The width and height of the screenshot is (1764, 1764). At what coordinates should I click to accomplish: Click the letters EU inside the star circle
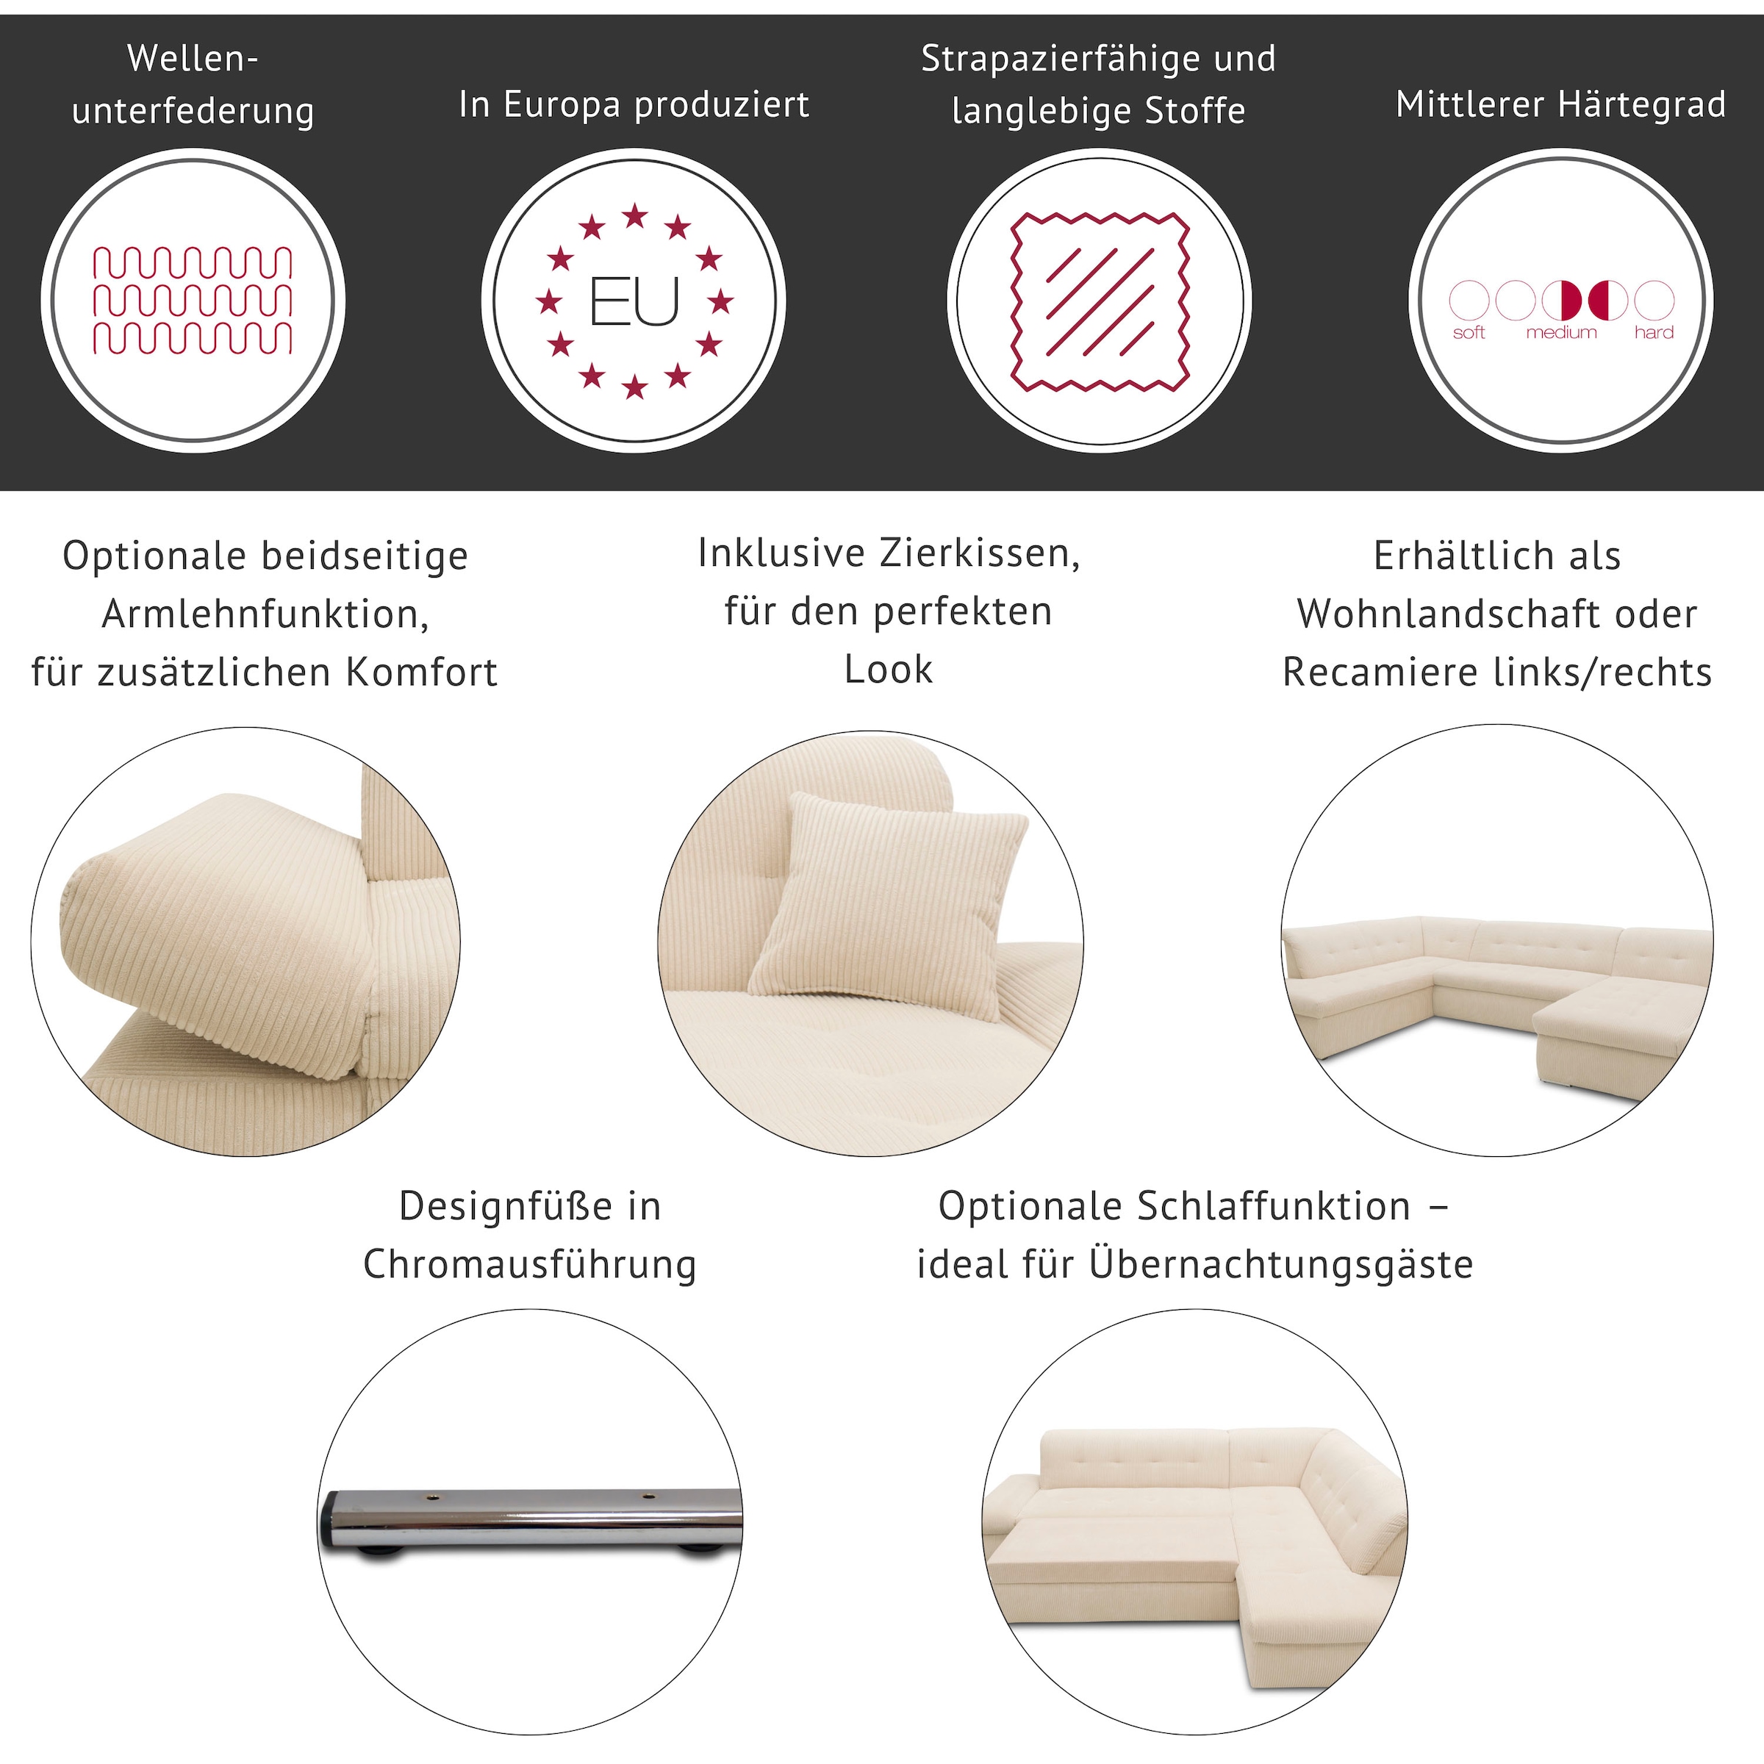click(x=634, y=302)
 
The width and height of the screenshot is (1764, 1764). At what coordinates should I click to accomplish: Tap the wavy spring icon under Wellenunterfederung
click(x=193, y=301)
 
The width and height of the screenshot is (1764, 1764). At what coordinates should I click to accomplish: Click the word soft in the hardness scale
click(x=1469, y=333)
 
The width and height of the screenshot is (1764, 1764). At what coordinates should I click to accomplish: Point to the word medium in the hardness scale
click(x=1561, y=333)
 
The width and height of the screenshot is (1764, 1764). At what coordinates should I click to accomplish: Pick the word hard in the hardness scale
click(x=1654, y=333)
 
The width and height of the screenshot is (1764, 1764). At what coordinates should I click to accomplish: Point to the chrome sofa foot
click(x=531, y=1520)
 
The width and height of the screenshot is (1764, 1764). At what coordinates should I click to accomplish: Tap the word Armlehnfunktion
click(x=265, y=614)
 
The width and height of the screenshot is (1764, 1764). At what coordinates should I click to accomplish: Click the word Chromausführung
click(x=529, y=1264)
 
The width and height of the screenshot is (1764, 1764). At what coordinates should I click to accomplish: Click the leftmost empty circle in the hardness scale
click(x=1469, y=301)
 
